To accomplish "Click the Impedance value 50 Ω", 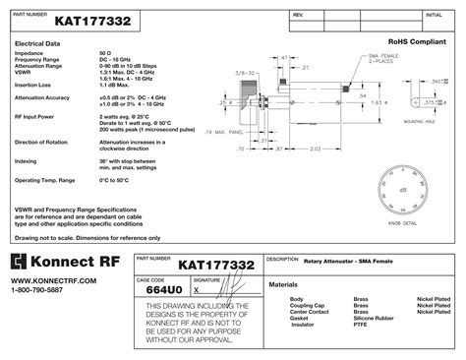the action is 105,53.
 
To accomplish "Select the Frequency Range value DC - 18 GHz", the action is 119,60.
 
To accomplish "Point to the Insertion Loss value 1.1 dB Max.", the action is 120,86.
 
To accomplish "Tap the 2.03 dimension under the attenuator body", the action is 313,150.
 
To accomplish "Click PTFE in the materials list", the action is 360,325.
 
